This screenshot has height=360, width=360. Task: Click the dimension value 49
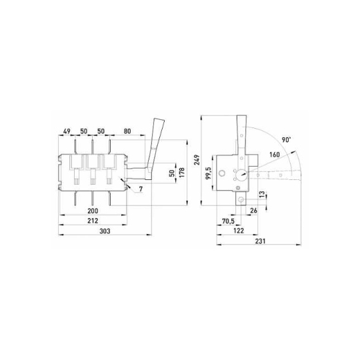click(67, 131)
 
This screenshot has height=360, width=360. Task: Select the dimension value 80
click(127, 131)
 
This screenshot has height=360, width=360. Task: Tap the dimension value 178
click(182, 173)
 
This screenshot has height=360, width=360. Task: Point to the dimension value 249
click(197, 160)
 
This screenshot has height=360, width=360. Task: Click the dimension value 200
click(93, 211)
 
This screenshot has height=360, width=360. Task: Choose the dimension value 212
click(93, 221)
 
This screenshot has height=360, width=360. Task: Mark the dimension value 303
click(105, 231)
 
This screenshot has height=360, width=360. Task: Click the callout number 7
click(141, 189)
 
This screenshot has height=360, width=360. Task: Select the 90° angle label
click(287, 140)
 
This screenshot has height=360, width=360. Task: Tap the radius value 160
click(275, 155)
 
